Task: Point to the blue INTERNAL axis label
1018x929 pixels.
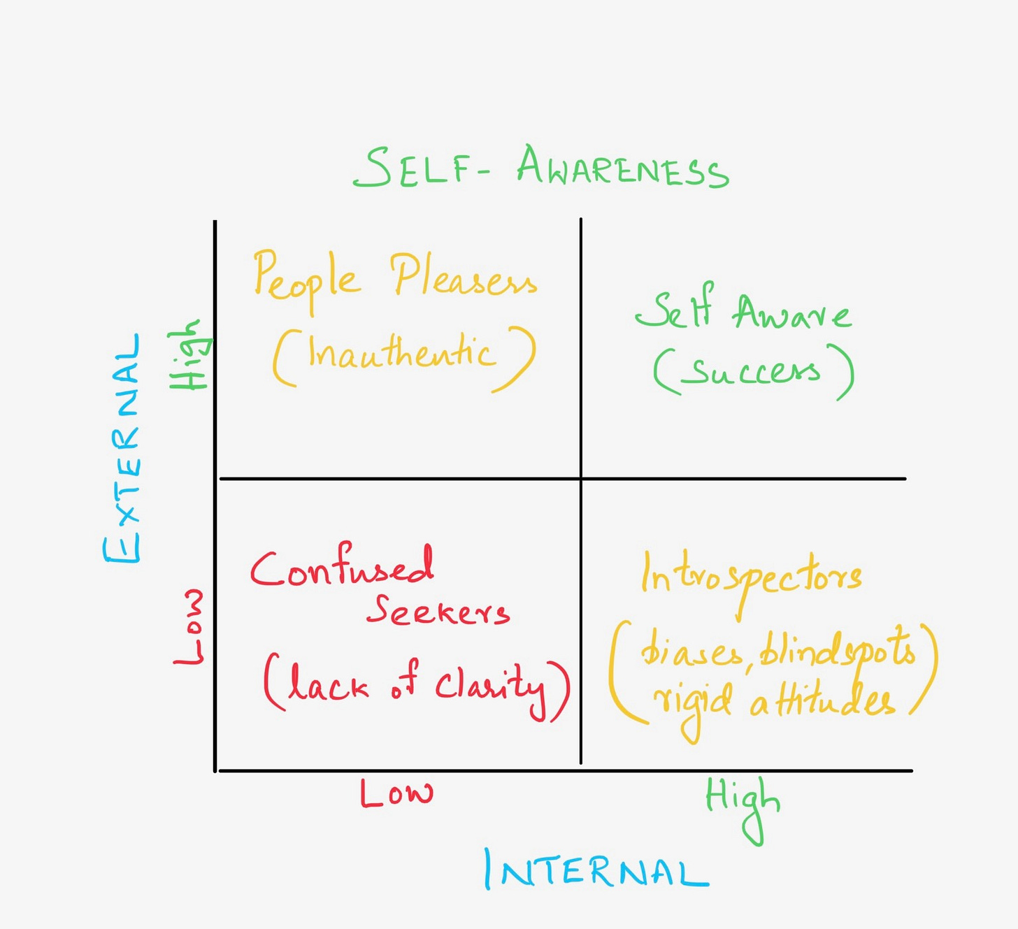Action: (596, 870)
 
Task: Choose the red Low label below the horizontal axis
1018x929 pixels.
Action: (396, 793)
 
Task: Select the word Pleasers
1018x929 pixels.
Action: (463, 277)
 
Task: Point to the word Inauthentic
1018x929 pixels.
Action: (402, 353)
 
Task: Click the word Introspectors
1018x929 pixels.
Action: (751, 577)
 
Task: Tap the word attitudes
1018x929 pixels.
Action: (822, 701)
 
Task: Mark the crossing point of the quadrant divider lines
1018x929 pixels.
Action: (580, 479)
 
